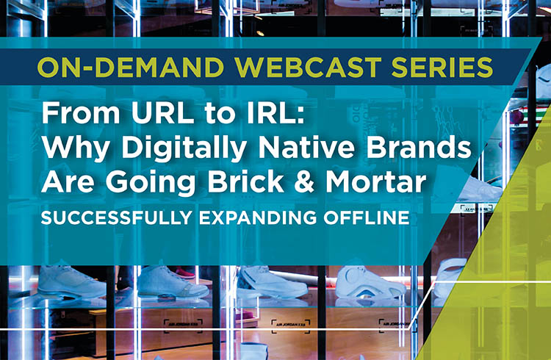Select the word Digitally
(184, 147)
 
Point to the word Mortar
(376, 181)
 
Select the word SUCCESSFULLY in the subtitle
(117, 218)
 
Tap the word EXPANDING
(258, 218)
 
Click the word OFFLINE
(367, 218)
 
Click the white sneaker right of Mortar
(480, 189)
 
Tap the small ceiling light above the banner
(260, 33)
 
